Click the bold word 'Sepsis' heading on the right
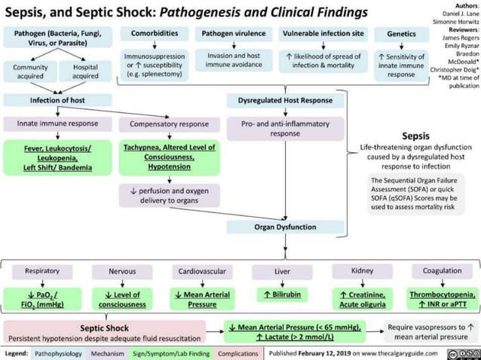415,136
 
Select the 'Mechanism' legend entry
106,353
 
